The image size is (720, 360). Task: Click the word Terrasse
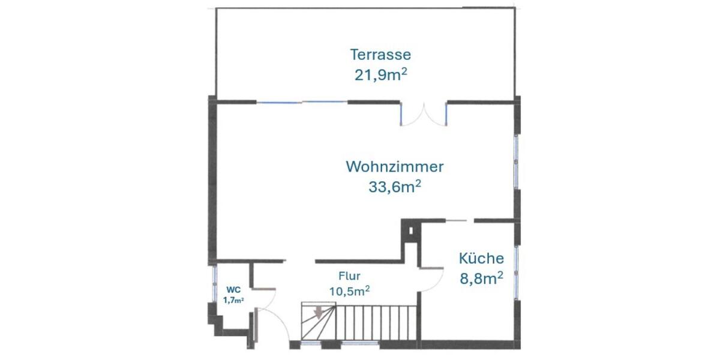[x=380, y=55]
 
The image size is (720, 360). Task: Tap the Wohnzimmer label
[x=395, y=166]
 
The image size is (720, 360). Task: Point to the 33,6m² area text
[x=394, y=187]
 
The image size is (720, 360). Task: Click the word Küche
[x=481, y=259]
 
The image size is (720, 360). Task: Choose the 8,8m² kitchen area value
[x=481, y=278]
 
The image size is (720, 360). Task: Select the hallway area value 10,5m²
[x=349, y=291]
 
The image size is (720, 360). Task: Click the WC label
[x=233, y=289]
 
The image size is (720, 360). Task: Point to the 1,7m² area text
[x=233, y=300]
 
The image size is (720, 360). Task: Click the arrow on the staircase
[x=319, y=313]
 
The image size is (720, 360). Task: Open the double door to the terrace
[x=424, y=115]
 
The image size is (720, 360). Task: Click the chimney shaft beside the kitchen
[x=410, y=231]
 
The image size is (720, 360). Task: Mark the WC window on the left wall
[x=214, y=283]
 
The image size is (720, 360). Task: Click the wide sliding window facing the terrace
[x=302, y=103]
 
